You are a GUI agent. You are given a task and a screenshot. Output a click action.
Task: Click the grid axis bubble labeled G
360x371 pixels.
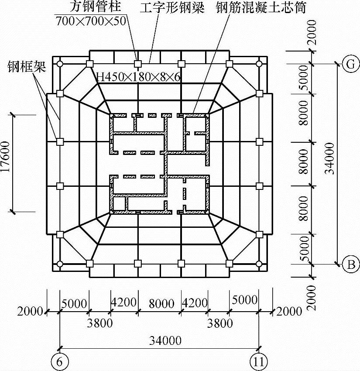[350, 64]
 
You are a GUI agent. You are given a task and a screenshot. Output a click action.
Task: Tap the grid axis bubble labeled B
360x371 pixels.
[350, 264]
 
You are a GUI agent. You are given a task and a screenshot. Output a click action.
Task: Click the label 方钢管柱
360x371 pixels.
[95, 7]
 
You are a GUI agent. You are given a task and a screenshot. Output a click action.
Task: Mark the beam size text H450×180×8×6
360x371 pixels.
[138, 77]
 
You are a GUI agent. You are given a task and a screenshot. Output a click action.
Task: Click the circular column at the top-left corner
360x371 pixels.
[60, 64]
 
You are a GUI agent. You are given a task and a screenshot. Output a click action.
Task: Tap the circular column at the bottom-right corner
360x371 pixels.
[259, 264]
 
